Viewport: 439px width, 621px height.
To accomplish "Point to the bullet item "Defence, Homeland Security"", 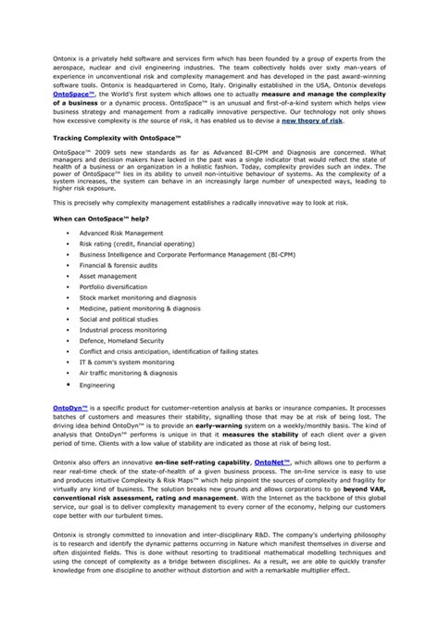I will (x=120, y=340).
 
